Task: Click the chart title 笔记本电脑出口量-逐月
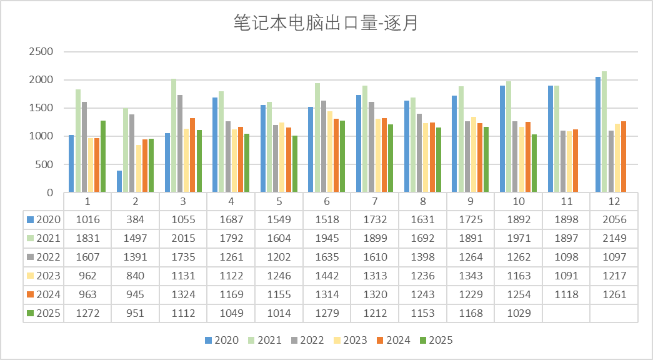(x=326, y=23)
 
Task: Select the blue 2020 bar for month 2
(x=119, y=181)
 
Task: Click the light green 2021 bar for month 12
(x=604, y=132)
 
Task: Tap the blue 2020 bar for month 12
(x=597, y=134)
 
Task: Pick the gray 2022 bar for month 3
(x=180, y=144)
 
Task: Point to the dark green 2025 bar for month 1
(x=103, y=156)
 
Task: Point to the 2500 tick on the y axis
(x=41, y=51)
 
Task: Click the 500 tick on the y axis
(x=44, y=164)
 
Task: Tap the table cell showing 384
(x=136, y=219)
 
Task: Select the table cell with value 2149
(x=614, y=238)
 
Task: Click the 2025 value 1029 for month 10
(x=519, y=313)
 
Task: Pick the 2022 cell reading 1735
(x=183, y=257)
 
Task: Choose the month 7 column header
(x=374, y=201)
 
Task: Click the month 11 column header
(x=566, y=201)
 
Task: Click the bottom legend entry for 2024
(x=394, y=340)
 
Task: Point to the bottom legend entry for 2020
(x=222, y=340)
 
